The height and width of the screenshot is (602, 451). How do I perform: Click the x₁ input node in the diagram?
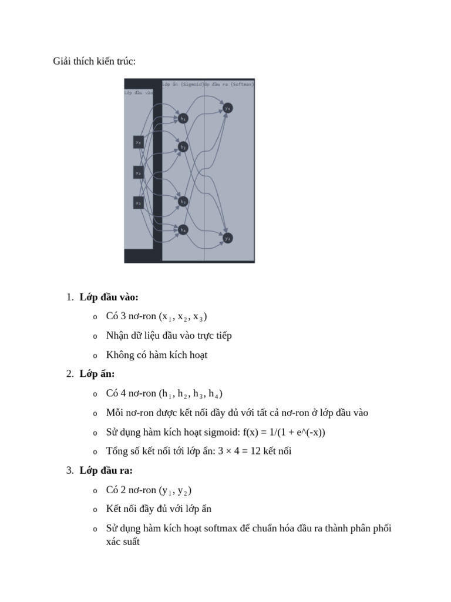pos(139,142)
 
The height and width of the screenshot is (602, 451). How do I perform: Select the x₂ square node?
pos(139,173)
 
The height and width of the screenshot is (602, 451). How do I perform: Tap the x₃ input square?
pos(139,203)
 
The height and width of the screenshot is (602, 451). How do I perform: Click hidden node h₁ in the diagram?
pos(183,118)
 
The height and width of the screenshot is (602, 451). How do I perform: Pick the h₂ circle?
pos(183,146)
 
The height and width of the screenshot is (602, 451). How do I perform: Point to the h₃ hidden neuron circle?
pos(183,201)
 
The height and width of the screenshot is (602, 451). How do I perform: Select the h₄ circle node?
pos(183,229)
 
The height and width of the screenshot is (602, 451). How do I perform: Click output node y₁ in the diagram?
pos(227,108)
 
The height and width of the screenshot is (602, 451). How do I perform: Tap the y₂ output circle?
pos(227,238)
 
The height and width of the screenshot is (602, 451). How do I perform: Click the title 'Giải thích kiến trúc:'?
pos(95,61)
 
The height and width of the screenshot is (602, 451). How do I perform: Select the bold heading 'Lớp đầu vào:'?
pos(109,297)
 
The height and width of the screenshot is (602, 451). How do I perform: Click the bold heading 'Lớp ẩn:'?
pos(97,374)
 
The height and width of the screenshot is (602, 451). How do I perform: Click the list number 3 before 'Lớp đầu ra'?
pos(69,470)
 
